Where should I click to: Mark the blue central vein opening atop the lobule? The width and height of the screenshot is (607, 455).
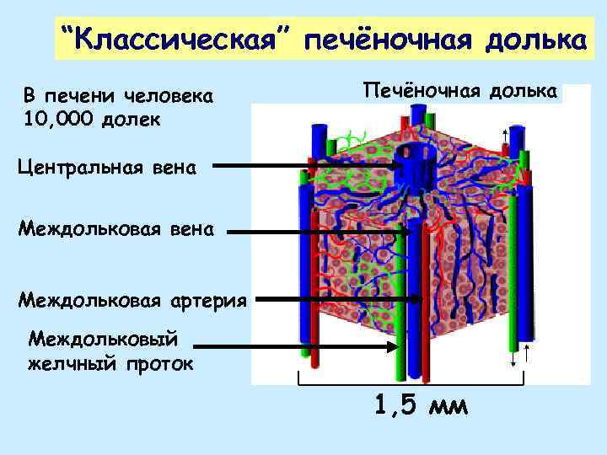coord(413,156)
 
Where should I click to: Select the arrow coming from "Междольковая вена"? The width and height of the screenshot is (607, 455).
coord(320,233)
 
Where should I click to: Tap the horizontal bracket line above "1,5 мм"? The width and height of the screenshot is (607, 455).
coord(413,384)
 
